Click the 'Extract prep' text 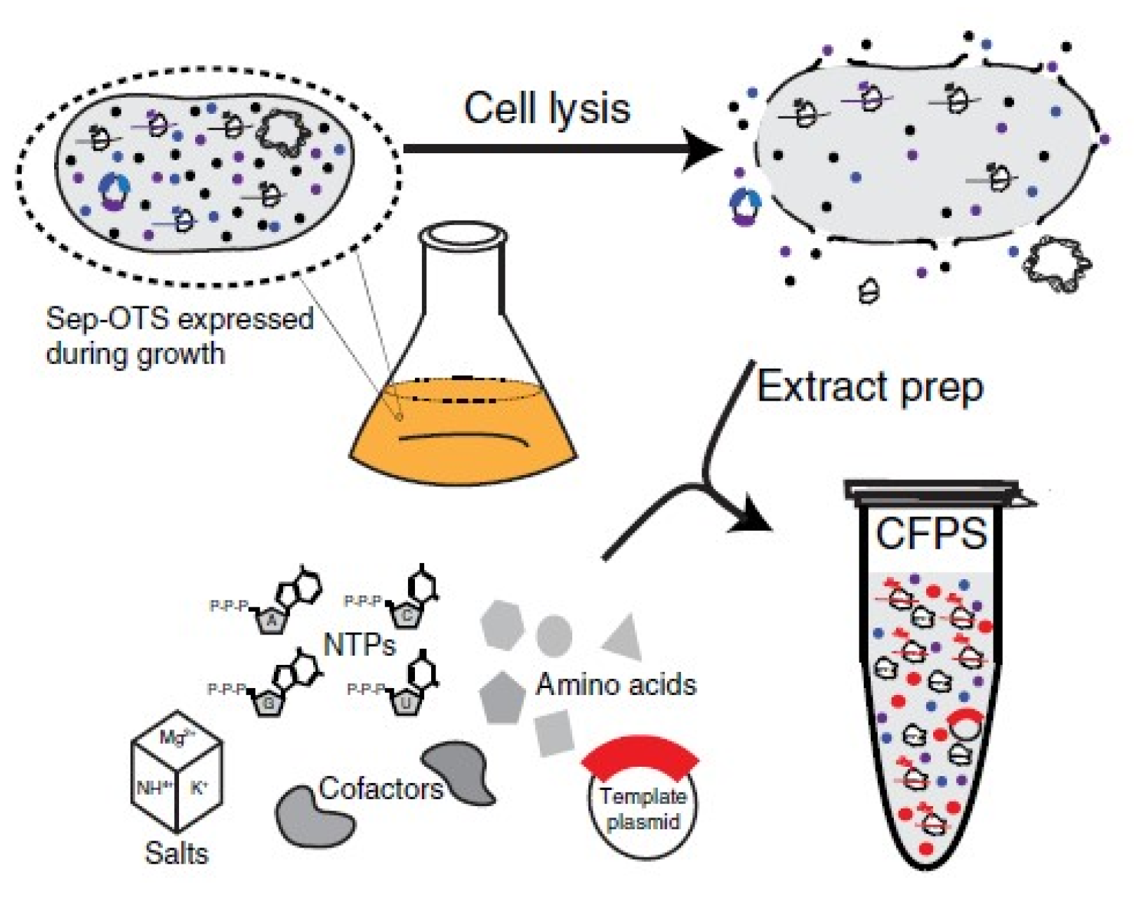point(869,387)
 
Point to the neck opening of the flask point(463,237)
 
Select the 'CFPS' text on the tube point(931,533)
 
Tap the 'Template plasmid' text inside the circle point(642,809)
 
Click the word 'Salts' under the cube point(176,853)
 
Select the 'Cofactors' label point(381,789)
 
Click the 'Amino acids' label point(616,685)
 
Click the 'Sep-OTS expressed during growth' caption point(179,336)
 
